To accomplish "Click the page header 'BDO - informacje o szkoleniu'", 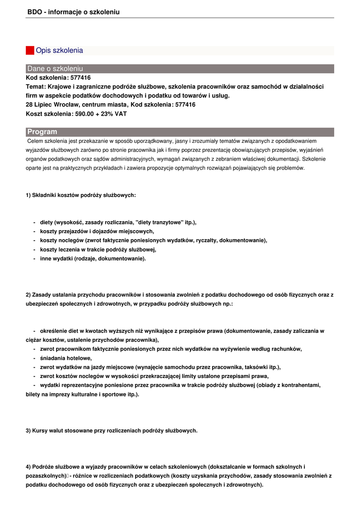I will [73, 12].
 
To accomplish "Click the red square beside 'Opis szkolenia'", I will [30, 51].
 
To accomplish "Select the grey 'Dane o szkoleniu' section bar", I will [180, 68].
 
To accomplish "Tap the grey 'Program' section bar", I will [180, 132].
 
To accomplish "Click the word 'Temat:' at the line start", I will [36, 87].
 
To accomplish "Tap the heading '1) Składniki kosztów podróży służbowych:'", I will [80, 195].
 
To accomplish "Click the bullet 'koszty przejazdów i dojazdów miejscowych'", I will [97, 231].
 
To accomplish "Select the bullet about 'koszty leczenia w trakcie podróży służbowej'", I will [98, 250].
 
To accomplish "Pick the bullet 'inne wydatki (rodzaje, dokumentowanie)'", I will [93, 258].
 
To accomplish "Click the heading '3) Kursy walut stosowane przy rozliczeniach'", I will [111, 431].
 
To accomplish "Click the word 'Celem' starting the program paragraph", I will [35, 141].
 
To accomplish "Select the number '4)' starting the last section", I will [28, 467].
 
